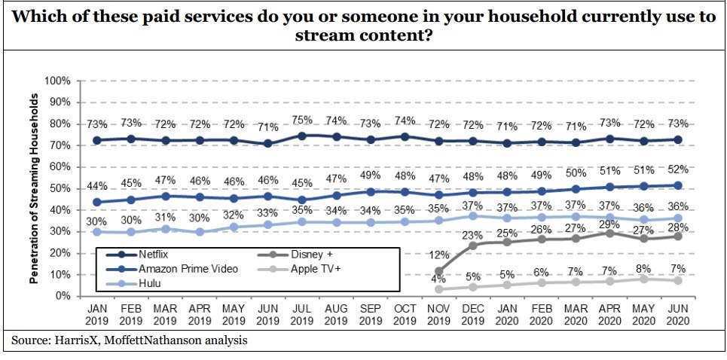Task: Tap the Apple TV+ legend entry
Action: click(314, 268)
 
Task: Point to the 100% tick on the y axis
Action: click(58, 81)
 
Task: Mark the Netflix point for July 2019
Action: click(302, 136)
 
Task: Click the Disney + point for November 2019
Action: click(438, 271)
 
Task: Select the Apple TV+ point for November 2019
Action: click(438, 288)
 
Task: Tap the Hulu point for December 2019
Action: click(472, 215)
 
